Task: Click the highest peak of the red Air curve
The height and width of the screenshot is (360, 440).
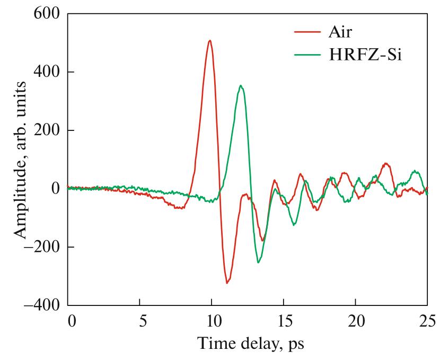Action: (210, 41)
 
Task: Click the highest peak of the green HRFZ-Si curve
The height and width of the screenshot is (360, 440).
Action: (241, 86)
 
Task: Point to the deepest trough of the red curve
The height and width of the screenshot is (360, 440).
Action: (227, 283)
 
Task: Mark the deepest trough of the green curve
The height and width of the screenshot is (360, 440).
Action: (259, 262)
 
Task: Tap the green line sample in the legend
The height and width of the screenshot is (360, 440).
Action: (307, 55)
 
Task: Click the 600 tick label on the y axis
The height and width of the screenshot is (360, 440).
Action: (44, 14)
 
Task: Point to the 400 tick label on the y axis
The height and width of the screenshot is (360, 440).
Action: (44, 72)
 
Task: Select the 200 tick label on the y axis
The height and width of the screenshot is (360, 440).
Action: (44, 130)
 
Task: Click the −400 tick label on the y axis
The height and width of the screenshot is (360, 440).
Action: (40, 305)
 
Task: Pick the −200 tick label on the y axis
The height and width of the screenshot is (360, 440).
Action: (40, 247)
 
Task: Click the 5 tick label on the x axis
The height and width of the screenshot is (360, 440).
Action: (139, 321)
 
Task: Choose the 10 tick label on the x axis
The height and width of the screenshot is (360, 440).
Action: (212, 321)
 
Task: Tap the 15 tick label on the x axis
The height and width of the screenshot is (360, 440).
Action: (284, 321)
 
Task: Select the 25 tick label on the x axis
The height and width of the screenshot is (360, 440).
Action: (427, 321)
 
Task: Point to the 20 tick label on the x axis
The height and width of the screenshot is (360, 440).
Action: (355, 321)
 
